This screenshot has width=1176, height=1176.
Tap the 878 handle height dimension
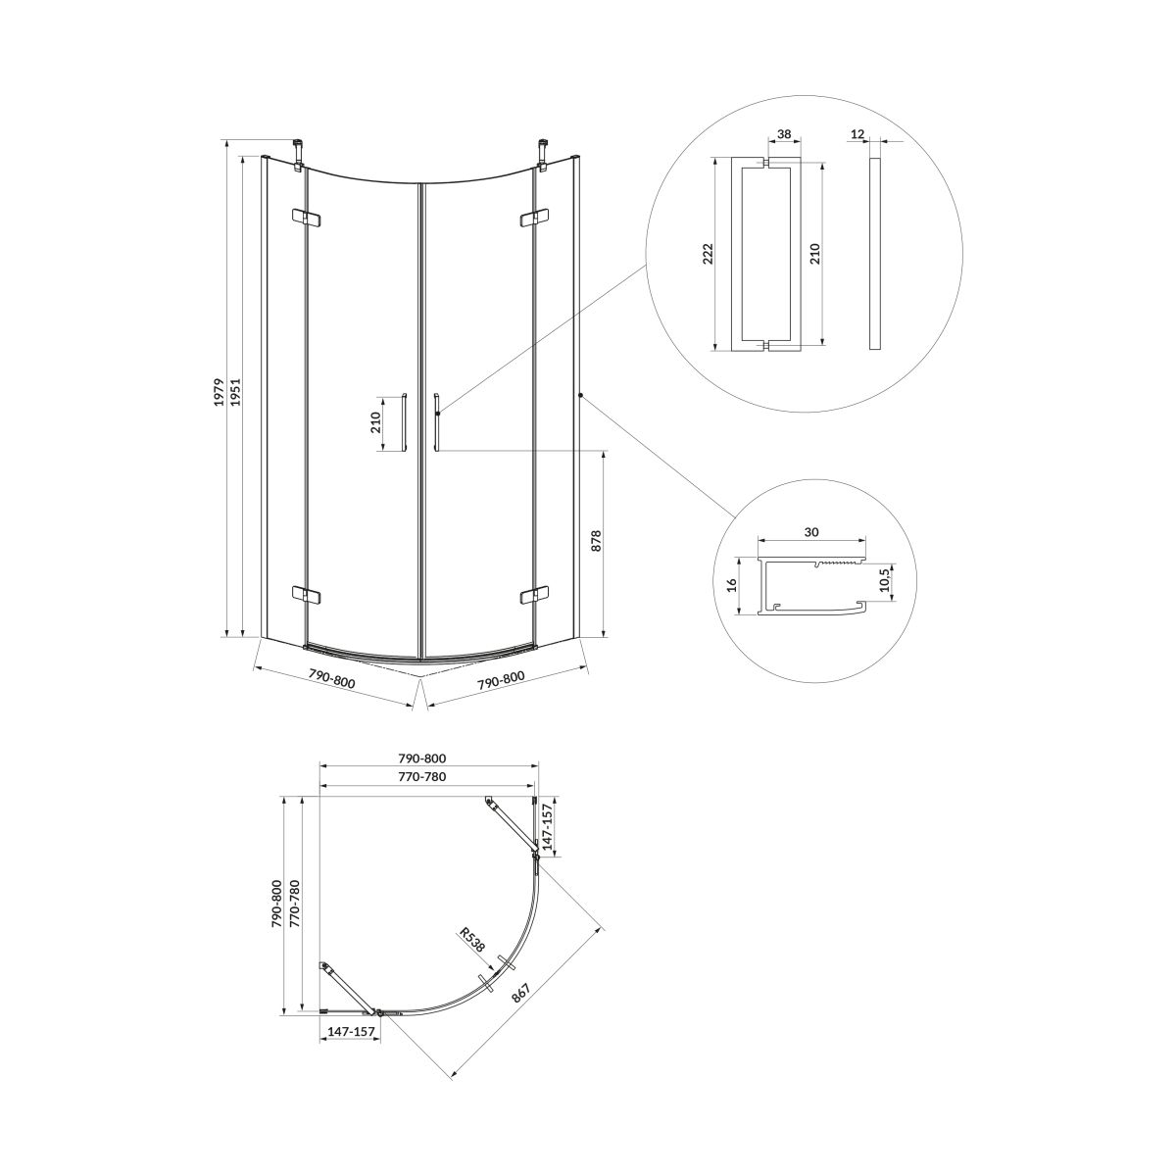pos(596,541)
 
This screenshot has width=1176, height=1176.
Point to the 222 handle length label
pos(708,253)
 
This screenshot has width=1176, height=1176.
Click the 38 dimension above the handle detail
pos(784,133)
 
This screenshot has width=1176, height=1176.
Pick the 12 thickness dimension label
pos(857,133)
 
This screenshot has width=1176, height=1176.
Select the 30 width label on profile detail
pos(810,532)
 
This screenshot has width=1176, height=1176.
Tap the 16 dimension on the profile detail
pos(732,585)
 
